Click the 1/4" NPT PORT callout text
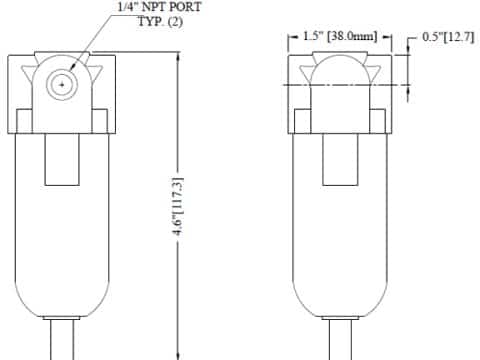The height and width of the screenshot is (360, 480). pos(160,7)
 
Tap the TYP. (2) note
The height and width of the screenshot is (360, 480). pos(160,22)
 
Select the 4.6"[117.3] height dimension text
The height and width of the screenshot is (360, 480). pos(178,207)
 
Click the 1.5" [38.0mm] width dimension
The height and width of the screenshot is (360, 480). pos(340,36)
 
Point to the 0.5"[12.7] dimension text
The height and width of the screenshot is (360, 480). pos(448,37)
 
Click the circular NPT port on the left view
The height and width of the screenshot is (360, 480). pos(62,85)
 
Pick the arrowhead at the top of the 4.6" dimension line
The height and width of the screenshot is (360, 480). pos(178,57)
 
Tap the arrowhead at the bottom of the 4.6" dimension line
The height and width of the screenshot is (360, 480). pos(178,355)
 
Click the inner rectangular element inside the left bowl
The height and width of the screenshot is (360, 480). pos(62,159)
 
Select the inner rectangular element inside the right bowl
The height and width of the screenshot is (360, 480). pos(340,159)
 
